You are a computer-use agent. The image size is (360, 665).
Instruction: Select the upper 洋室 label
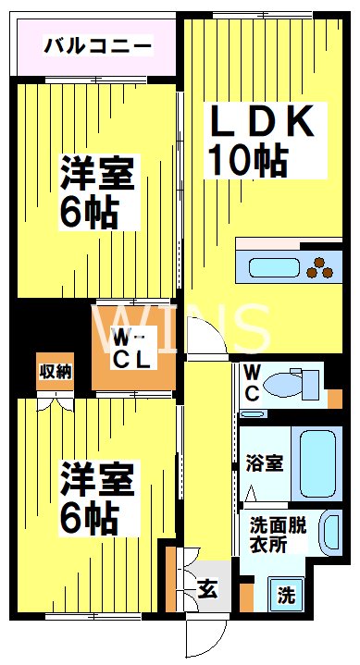pyautogui.click(x=97, y=173)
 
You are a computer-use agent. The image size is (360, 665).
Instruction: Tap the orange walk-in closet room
pyautogui.click(x=133, y=347)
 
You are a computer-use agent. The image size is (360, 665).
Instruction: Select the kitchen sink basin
pyautogui.click(x=267, y=266)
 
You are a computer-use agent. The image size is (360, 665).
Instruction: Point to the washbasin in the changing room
pyautogui.click(x=329, y=534)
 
